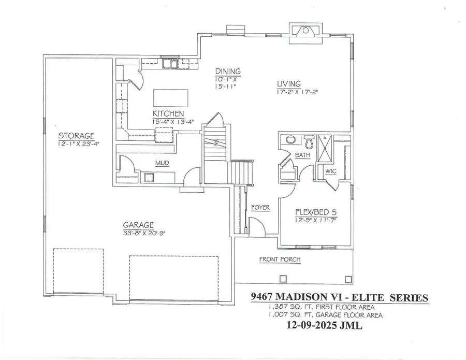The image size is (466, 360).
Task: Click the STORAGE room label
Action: pyautogui.click(x=76, y=136)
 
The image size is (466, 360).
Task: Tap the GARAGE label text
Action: pyautogui.click(x=138, y=225)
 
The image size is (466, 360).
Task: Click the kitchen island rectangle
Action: pyautogui.click(x=171, y=97)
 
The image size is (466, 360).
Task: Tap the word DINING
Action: pyautogui.click(x=228, y=71)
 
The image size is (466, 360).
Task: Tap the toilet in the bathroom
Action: pyautogui.click(x=310, y=141)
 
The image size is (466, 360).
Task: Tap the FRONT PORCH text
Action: pyautogui.click(x=280, y=260)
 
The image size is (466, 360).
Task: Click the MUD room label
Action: pyautogui.click(x=162, y=164)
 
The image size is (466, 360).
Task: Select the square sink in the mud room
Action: pyautogui.click(x=150, y=178)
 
